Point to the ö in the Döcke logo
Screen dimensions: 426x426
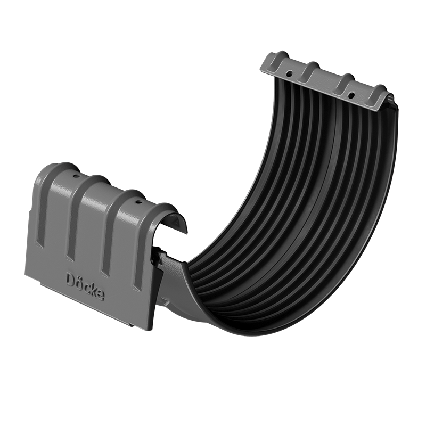77,280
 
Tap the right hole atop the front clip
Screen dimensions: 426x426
140,202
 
